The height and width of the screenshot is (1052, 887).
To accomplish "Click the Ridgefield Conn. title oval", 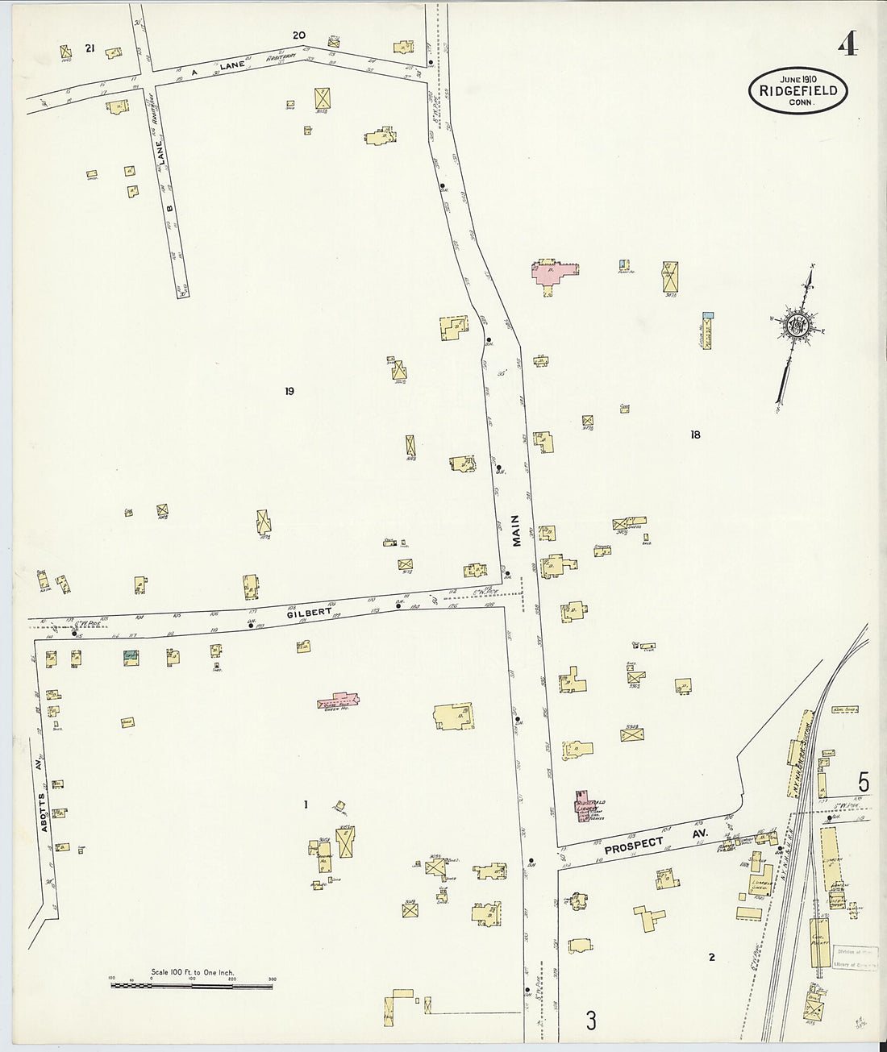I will click(x=797, y=91).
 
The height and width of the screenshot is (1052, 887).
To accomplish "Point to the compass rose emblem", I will click(x=798, y=326).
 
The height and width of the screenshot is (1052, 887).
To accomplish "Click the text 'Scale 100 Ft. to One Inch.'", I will click(x=192, y=973).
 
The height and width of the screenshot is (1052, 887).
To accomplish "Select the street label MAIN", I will click(x=516, y=531).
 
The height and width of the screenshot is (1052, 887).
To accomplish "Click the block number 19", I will click(x=289, y=392).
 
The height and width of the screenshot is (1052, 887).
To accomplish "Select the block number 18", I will click(x=695, y=435).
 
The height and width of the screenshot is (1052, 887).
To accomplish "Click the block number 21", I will click(x=90, y=49).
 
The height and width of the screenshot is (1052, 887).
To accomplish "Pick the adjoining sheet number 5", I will click(x=863, y=782).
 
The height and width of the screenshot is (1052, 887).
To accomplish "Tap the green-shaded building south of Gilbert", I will click(x=129, y=657).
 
